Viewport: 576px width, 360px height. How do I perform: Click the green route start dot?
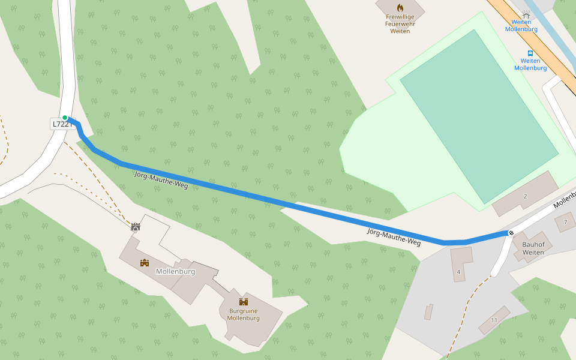tap(65, 118)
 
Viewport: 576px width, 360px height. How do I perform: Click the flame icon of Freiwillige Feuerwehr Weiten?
tap(400, 8)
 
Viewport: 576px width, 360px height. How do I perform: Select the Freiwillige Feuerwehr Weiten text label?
tap(400, 24)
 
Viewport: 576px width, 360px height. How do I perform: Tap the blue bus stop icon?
tap(530, 53)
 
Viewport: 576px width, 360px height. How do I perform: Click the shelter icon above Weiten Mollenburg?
tap(526, 14)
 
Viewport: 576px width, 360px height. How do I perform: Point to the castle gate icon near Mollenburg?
tap(136, 227)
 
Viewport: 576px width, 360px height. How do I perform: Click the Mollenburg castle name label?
tap(175, 271)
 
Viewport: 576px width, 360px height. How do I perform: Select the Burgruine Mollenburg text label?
tap(243, 314)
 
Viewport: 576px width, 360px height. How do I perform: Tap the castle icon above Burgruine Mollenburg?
tap(244, 302)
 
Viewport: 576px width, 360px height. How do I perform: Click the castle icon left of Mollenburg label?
tap(145, 263)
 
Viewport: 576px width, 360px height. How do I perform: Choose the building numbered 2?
tap(525, 196)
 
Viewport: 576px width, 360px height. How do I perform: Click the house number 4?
tap(458, 272)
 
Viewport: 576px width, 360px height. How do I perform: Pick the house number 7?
tap(565, 222)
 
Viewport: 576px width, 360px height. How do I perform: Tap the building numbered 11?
tap(494, 320)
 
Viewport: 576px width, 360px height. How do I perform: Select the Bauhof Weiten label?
tap(533, 248)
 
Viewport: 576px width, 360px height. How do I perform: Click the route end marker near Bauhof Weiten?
tap(511, 233)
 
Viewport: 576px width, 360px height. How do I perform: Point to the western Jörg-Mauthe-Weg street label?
tap(160, 180)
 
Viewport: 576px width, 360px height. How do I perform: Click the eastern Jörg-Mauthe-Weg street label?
tap(394, 236)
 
